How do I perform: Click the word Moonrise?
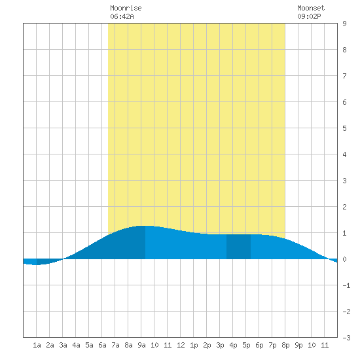coord(126,8)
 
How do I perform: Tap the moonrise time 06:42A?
coord(122,16)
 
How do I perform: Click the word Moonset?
coord(311,8)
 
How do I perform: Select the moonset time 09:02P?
coord(309,16)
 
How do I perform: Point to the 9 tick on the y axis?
coord(344,24)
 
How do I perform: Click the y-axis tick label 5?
coord(344,128)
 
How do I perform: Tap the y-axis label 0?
coord(344,259)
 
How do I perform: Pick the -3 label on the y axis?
coord(346,338)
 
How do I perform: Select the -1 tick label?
coord(346,285)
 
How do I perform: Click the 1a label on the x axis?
coord(37,345)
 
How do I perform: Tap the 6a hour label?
coord(102,345)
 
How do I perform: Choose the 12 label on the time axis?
coord(181,345)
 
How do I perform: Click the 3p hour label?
coord(220,345)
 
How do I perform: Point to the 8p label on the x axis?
coord(285,345)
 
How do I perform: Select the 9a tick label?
coord(141,345)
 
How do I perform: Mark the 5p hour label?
coord(246,345)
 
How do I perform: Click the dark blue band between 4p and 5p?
coord(238,247)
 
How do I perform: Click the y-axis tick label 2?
coord(344,207)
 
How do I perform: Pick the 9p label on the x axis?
coord(298,345)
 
